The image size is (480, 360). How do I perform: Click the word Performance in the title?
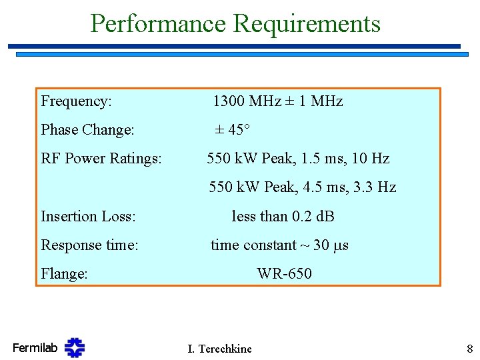tap(158, 24)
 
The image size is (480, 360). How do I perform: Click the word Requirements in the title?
tap(307, 24)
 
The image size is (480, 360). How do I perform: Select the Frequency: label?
tap(76, 101)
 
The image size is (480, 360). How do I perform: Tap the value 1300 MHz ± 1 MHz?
tap(277, 101)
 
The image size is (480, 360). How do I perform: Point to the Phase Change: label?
tap(87, 130)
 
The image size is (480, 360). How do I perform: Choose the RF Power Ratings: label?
tap(101, 159)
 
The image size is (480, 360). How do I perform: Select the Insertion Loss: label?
tap(88, 217)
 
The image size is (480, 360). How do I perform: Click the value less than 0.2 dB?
tap(283, 217)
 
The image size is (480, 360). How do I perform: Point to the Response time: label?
tap(89, 245)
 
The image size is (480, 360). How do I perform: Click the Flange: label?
tap(64, 274)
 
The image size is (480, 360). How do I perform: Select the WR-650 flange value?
tap(284, 274)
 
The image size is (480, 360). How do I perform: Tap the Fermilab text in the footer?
tap(35, 347)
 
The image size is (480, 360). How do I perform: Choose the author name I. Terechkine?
tap(219, 349)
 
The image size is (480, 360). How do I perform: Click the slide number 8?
tap(469, 348)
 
